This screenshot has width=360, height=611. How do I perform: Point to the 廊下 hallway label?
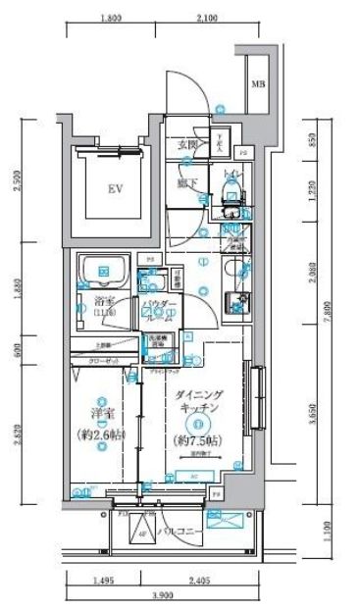[187, 182]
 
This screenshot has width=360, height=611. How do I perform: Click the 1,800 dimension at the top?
[111, 18]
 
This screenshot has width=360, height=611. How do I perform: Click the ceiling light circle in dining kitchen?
[198, 424]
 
